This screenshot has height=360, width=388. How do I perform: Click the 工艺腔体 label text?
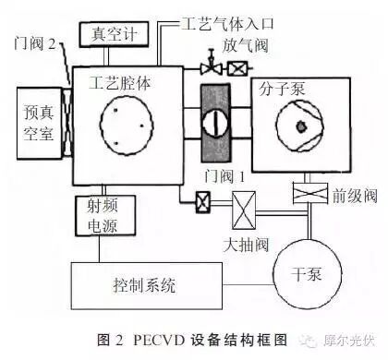pos(121,82)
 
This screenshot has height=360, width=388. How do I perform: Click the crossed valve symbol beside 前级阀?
pos(306,193)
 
